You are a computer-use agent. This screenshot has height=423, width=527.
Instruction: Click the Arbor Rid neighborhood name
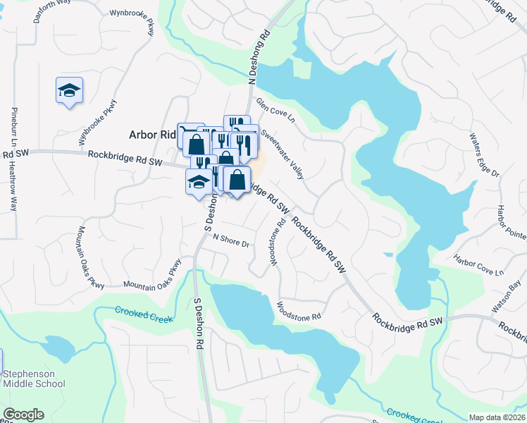click(151, 135)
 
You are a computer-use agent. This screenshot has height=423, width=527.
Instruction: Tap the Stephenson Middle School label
click(34, 379)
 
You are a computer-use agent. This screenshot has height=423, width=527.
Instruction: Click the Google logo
click(23, 415)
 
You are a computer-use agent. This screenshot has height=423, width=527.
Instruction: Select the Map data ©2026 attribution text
click(497, 417)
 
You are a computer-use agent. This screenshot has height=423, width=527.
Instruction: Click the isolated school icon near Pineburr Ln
click(70, 90)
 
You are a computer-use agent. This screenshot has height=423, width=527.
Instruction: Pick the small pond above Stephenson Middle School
click(55, 346)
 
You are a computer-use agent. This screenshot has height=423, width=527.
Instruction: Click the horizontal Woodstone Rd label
click(299, 312)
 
